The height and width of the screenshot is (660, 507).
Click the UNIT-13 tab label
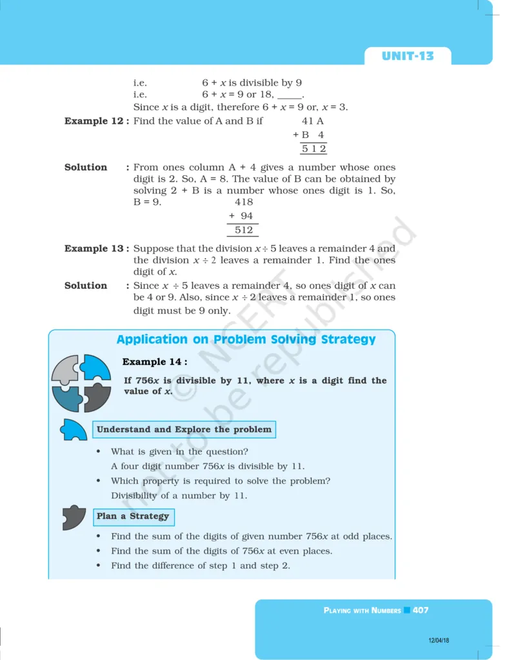coord(408,56)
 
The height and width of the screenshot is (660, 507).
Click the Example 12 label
coord(96,121)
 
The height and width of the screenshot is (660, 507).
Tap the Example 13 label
coord(96,249)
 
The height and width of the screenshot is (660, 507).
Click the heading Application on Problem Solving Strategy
coord(246,340)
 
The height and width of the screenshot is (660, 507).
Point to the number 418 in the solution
coord(244,202)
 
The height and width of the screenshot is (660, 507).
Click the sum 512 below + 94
coord(244,230)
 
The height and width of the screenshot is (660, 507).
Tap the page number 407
coord(421,610)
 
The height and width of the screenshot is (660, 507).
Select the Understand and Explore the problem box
coord(184,430)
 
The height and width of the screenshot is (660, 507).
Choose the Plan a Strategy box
coord(133,516)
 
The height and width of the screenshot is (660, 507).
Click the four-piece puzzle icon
coord(81,383)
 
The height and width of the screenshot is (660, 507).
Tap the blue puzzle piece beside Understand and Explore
coord(74,430)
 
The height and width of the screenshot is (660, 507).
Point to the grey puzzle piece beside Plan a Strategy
coord(74,518)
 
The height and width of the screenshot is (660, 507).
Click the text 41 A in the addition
coord(312,121)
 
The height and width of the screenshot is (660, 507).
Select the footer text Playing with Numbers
coord(362,610)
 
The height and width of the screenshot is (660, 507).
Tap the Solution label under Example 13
coord(86,286)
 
